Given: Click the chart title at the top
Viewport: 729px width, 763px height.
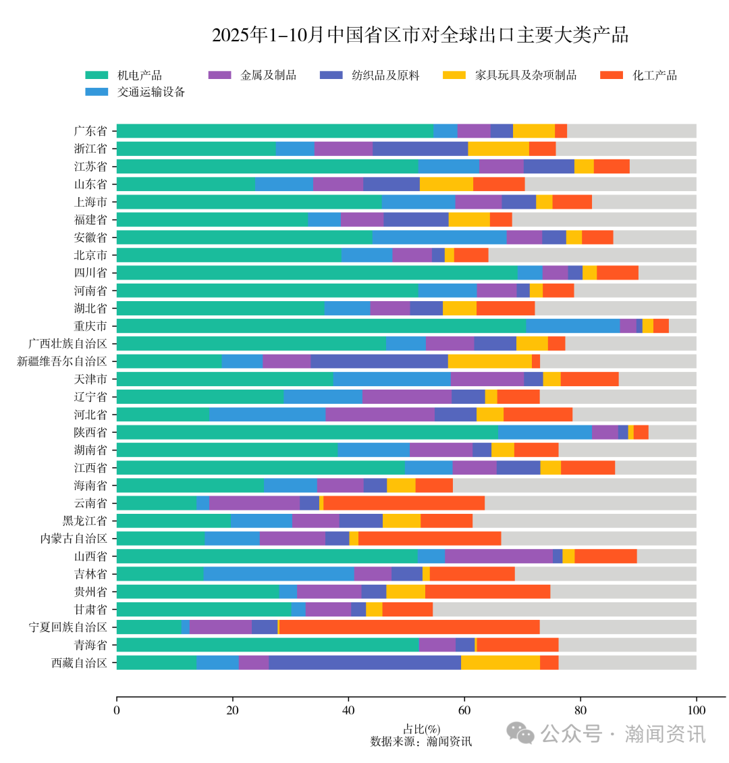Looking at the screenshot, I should [420, 35].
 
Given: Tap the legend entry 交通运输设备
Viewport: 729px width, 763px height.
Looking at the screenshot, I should [151, 92].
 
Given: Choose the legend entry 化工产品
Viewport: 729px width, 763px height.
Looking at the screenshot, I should [654, 75].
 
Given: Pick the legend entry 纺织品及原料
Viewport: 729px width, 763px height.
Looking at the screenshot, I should [385, 75].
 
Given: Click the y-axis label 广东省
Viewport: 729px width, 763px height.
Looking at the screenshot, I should [90, 131].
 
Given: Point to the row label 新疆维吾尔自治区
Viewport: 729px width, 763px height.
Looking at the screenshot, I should [62, 361].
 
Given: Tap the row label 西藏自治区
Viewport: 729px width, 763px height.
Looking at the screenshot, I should [80, 662].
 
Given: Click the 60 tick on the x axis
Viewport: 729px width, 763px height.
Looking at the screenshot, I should [464, 710].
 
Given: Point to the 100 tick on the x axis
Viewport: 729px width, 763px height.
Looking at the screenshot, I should [696, 710].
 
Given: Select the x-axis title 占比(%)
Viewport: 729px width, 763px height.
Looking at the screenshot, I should [421, 729].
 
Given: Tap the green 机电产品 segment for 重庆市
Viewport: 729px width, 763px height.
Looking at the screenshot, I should [321, 325].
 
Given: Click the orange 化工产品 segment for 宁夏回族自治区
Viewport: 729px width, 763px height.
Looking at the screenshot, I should [409, 627].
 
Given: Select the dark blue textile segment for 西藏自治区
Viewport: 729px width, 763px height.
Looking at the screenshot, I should [364, 662].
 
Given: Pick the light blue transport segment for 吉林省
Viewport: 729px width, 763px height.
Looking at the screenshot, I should [278, 574].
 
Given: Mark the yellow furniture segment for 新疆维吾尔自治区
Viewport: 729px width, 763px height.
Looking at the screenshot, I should [489, 361].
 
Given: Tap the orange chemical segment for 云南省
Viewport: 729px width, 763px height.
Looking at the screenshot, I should [404, 503].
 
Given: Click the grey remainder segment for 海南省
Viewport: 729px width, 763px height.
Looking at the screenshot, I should [574, 485].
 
